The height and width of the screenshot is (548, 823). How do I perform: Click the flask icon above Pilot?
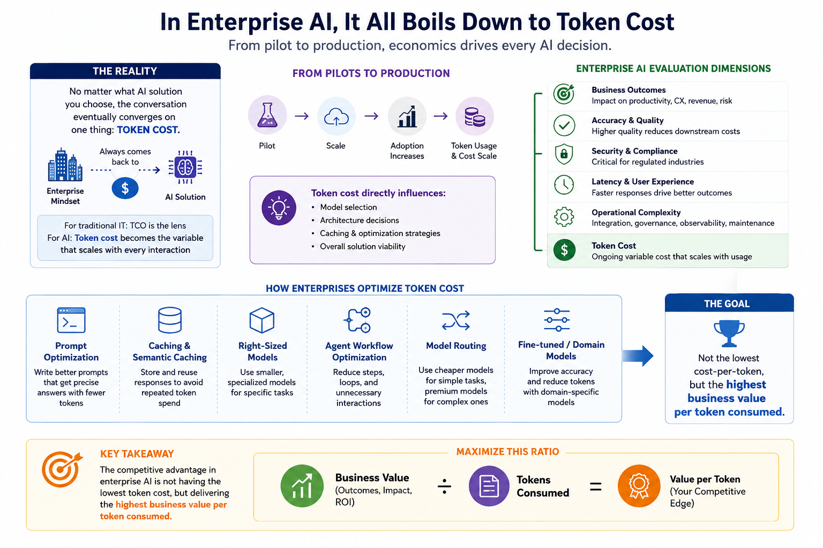(267, 115)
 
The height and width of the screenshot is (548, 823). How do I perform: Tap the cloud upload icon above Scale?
(336, 117)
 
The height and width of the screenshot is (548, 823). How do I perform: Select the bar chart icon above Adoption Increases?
(407, 116)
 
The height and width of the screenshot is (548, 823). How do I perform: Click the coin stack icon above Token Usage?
(475, 117)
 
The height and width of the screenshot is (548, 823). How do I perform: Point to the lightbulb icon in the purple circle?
(279, 208)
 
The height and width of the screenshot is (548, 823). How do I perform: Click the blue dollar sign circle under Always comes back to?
(125, 188)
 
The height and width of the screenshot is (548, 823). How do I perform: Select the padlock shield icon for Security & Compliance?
(564, 154)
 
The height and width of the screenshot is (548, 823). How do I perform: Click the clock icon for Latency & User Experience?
(564, 185)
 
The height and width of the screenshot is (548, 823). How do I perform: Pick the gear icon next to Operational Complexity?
(564, 217)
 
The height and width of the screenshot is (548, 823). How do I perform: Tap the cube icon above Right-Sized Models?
(261, 320)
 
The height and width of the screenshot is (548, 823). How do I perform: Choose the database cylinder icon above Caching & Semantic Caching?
(170, 320)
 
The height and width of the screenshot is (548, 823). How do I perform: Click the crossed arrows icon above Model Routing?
(456, 321)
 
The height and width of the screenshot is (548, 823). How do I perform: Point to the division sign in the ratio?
(444, 486)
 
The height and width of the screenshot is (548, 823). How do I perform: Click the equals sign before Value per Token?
(596, 487)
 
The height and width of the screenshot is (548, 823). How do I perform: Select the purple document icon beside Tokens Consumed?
(489, 486)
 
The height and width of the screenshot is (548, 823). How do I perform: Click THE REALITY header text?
(125, 71)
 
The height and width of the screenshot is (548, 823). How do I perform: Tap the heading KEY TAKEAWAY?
(137, 454)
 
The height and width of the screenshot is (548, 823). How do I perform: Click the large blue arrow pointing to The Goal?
(638, 356)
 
